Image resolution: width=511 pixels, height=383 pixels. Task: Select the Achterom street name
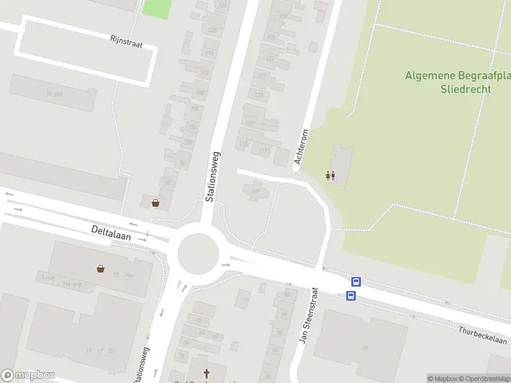point(302,147)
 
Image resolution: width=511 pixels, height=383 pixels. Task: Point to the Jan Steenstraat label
point(308,313)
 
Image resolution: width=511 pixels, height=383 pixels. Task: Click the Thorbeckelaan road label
point(482,335)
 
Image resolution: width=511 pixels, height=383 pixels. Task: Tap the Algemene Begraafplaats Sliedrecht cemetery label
point(457,82)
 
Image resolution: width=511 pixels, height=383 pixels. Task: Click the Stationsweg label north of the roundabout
point(213,176)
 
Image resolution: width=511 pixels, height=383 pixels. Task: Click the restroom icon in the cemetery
point(330,176)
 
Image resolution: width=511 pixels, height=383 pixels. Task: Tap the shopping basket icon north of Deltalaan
point(155,203)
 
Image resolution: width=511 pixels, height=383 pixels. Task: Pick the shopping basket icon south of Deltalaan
point(101,268)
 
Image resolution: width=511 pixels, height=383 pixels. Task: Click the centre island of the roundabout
point(198,253)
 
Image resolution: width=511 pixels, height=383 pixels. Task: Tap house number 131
point(270,58)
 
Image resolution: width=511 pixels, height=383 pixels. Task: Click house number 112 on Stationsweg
point(204,73)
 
